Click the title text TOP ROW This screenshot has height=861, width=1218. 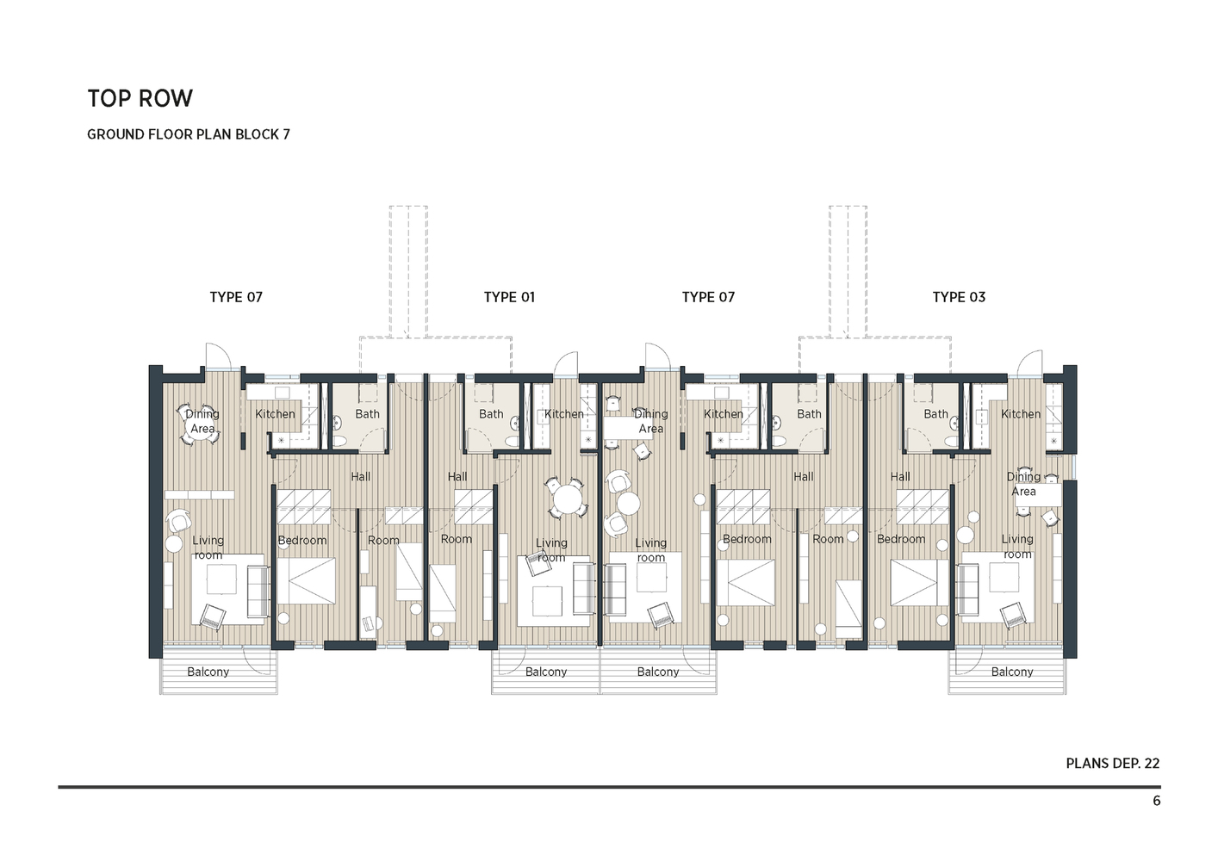pyautogui.click(x=140, y=99)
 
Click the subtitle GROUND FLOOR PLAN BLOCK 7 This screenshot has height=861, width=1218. pyautogui.click(x=188, y=134)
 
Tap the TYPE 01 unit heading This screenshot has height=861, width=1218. pyautogui.click(x=509, y=297)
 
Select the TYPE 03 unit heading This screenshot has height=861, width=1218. pyautogui.click(x=959, y=297)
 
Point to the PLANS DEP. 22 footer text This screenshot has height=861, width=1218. pyautogui.click(x=1112, y=763)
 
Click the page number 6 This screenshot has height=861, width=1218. pyautogui.click(x=1156, y=801)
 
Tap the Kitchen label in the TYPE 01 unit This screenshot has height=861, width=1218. pyautogui.click(x=564, y=414)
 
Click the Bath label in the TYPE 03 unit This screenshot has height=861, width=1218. pyautogui.click(x=935, y=414)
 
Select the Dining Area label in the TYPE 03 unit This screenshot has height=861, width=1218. pyautogui.click(x=1023, y=484)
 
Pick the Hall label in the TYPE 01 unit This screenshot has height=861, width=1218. pyautogui.click(x=457, y=477)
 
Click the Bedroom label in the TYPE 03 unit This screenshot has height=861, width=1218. pyautogui.click(x=901, y=539)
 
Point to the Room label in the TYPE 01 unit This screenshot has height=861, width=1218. pyautogui.click(x=457, y=539)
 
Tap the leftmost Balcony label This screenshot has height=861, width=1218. pyautogui.click(x=208, y=672)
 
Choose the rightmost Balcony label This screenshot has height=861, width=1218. pyautogui.click(x=1011, y=672)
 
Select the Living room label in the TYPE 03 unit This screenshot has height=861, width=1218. pyautogui.click(x=1017, y=547)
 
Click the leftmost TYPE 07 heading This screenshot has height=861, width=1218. pyautogui.click(x=236, y=297)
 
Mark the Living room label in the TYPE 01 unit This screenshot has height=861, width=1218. pyautogui.click(x=551, y=549)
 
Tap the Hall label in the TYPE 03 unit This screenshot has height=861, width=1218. pyautogui.click(x=900, y=477)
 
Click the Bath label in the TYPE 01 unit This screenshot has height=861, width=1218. pyautogui.click(x=491, y=414)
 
